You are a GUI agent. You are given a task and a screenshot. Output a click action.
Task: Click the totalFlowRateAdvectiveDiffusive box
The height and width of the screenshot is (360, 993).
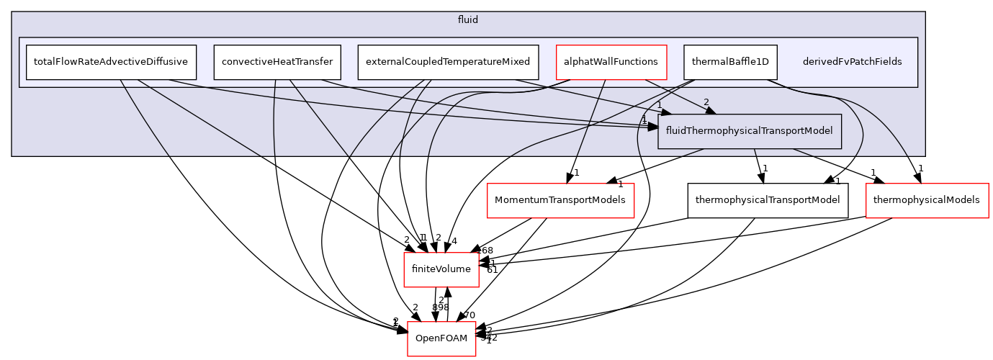[111, 62]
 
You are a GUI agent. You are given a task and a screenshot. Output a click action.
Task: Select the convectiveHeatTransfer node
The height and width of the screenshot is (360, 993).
[277, 62]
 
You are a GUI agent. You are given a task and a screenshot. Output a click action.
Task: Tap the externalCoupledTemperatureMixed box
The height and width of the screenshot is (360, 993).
[448, 62]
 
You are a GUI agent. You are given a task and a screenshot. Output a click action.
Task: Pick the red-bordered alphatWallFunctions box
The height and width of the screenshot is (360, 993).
[611, 62]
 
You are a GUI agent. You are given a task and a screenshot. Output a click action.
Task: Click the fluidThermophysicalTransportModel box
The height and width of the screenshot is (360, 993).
[750, 131]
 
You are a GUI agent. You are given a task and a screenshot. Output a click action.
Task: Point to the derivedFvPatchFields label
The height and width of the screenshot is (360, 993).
[852, 62]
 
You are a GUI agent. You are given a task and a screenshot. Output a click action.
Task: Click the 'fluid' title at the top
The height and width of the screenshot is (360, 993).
[468, 19]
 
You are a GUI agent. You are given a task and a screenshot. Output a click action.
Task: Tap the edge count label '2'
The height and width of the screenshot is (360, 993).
[706, 102]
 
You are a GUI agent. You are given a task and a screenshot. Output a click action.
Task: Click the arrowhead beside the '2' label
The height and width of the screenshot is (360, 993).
[709, 110]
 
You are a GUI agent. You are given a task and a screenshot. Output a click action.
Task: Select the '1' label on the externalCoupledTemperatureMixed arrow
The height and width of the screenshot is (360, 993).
[659, 105]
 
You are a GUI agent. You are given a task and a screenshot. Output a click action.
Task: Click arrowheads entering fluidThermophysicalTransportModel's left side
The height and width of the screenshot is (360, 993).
[652, 127]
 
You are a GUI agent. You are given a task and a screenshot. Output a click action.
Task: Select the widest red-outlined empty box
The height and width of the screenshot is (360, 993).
[560, 201]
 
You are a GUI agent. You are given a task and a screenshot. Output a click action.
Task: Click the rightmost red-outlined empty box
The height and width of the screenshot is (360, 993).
[927, 201]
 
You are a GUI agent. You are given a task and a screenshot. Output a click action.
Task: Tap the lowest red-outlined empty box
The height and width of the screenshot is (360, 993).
[441, 338]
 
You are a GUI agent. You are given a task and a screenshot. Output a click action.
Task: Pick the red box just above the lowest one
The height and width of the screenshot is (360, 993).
[441, 270]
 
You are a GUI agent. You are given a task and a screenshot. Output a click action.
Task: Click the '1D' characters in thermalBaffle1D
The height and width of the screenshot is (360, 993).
[762, 62]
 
